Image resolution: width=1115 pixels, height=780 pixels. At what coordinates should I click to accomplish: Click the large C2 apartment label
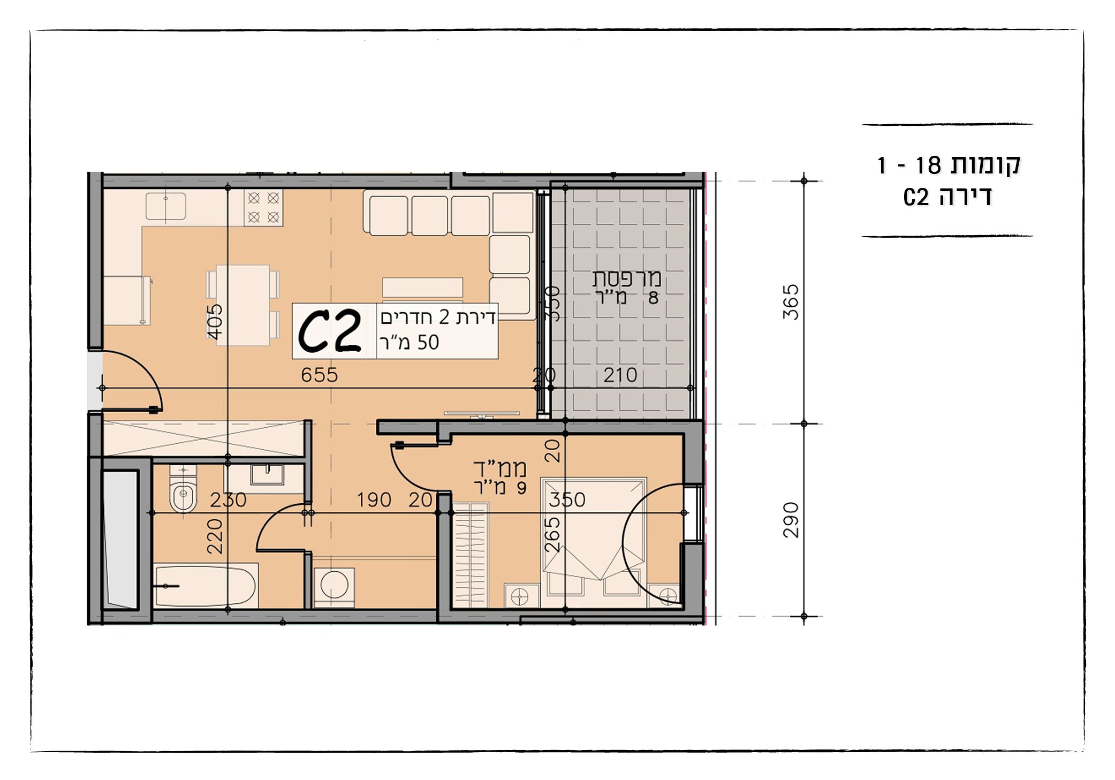point(329,332)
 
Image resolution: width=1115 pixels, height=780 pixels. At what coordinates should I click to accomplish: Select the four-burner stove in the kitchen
point(263,207)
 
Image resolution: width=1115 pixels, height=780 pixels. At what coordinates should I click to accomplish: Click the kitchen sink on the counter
point(166,207)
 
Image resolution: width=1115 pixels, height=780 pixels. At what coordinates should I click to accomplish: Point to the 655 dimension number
point(319,375)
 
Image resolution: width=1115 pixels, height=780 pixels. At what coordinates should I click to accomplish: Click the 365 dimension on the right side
point(791,302)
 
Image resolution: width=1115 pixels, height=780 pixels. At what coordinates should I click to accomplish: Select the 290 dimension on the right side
point(791,520)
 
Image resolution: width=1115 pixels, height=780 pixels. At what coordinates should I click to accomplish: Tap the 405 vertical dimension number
point(215,321)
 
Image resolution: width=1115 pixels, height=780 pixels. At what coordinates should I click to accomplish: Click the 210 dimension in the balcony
point(620,375)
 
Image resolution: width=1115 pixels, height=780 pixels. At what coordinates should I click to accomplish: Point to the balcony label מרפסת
point(626,278)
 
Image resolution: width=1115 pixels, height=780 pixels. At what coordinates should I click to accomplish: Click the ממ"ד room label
point(500,468)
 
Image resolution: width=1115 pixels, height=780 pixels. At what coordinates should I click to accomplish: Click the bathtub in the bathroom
point(206,586)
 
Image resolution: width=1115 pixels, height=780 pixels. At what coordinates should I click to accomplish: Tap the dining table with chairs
point(243,305)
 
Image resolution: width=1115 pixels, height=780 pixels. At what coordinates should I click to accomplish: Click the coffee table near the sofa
point(422,287)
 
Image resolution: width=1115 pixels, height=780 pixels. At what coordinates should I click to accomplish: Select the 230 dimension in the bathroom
point(228,500)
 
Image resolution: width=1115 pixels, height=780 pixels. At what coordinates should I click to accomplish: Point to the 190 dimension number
point(374,500)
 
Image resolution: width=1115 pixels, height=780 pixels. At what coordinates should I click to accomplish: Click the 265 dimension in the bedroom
point(552,534)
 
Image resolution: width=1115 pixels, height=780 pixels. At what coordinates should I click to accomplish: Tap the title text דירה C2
point(947,197)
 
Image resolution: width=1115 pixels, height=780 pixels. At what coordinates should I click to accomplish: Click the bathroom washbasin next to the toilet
point(267,475)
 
